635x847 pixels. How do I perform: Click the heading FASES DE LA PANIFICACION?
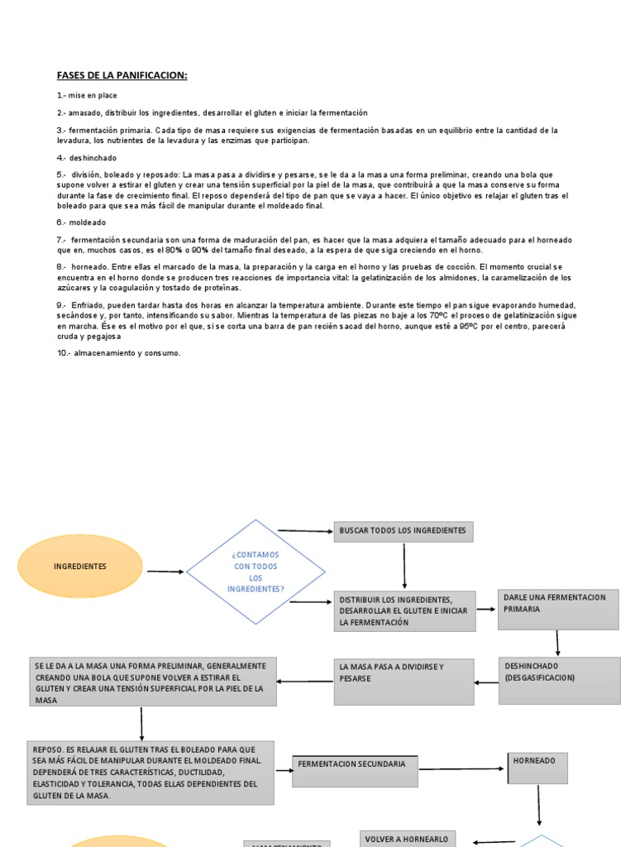[122, 75]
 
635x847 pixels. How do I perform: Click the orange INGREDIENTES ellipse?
[80, 567]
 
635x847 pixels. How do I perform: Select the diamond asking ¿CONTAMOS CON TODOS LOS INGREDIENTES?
[255, 572]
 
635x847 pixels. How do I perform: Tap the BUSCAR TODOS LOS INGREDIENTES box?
[403, 531]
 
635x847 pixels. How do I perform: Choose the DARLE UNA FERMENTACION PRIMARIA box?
[559, 610]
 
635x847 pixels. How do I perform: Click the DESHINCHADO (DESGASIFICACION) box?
[559, 680]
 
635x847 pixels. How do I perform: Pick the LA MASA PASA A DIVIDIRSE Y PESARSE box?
[404, 682]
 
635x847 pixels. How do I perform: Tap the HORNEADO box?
[537, 768]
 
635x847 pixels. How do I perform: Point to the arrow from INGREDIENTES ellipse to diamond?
[165, 572]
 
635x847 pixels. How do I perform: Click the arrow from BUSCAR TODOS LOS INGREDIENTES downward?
[404, 566]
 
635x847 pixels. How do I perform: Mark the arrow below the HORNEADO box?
[539, 804]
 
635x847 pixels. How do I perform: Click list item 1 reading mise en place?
[87, 95]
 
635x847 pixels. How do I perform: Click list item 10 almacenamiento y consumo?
[118, 353]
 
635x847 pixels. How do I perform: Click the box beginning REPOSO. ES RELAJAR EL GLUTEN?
[150, 772]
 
